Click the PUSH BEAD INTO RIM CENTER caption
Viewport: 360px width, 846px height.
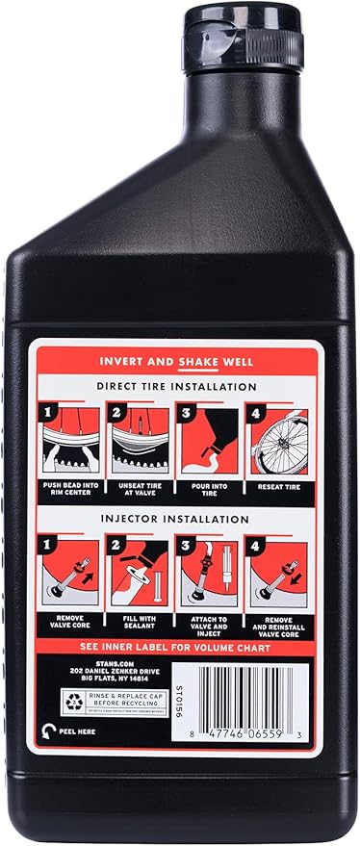point(66,491)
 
